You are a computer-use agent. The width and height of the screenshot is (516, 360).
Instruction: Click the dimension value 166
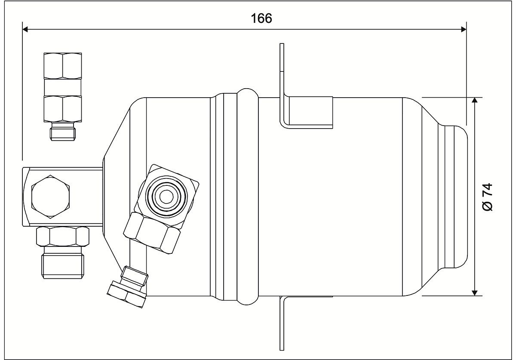click(x=261, y=18)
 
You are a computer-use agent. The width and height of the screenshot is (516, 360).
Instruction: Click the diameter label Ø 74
click(x=488, y=197)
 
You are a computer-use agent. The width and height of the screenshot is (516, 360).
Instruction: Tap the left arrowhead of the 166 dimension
click(x=25, y=30)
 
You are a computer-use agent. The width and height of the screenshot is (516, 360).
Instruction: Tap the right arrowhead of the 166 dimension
click(x=464, y=30)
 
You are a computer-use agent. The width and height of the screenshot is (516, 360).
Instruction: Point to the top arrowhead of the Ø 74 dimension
click(x=475, y=101)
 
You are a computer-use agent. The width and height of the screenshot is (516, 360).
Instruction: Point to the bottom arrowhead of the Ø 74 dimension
click(x=475, y=292)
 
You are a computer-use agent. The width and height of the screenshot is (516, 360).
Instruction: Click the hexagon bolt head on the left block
click(x=50, y=197)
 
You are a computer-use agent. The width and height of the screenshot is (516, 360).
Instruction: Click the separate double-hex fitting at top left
click(x=63, y=87)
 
